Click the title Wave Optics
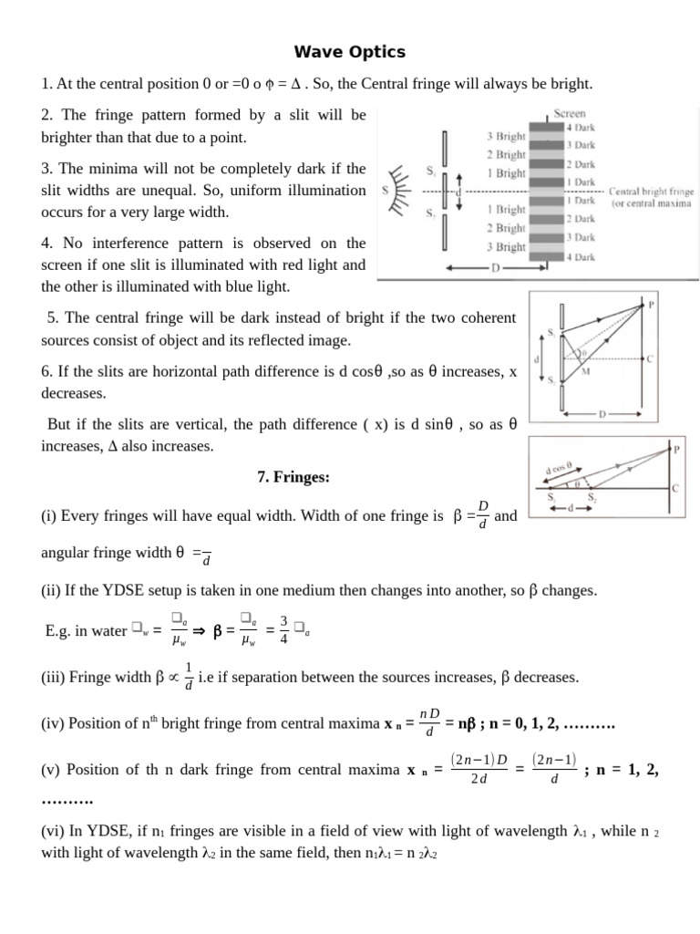point(350,52)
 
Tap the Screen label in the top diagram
point(570,114)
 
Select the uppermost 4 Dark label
point(581,129)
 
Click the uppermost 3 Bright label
point(505,137)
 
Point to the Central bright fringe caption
point(651,192)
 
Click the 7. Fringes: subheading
point(293,478)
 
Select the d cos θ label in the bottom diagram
point(559,468)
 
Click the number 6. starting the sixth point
point(46,372)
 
